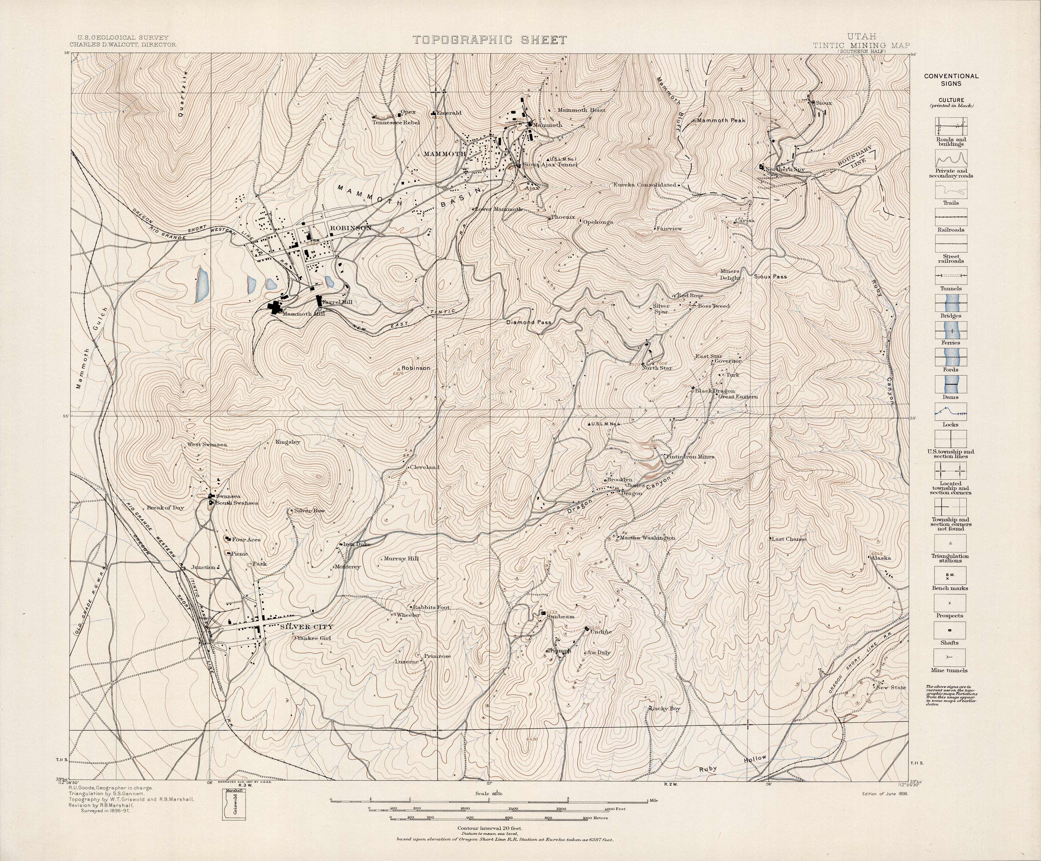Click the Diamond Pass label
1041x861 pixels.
(529, 322)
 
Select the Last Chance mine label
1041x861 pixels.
(789, 539)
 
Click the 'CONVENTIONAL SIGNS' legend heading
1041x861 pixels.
(951, 80)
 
